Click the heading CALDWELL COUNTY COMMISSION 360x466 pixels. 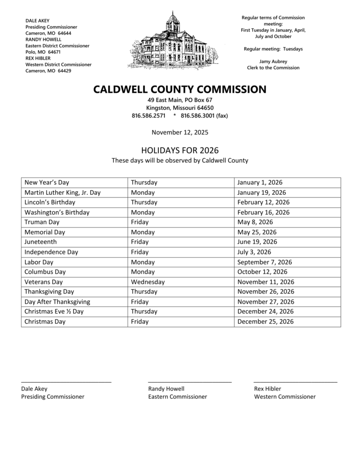point(180,89)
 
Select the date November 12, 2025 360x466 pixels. point(180,132)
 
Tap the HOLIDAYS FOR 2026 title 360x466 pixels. point(180,150)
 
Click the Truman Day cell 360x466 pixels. point(42,222)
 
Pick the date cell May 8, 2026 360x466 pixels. point(255,222)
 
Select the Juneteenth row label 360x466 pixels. point(41,242)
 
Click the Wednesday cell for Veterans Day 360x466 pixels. point(148,282)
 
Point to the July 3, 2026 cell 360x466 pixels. point(254,252)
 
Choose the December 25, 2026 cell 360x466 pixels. point(265,322)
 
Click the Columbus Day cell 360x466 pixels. point(45,272)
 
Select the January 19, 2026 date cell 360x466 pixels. point(262,192)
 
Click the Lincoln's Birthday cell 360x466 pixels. point(50,203)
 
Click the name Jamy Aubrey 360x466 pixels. point(273,61)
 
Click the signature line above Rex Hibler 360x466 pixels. point(295,381)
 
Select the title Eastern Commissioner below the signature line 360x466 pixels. point(177,397)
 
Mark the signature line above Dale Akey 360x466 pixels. point(66,381)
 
